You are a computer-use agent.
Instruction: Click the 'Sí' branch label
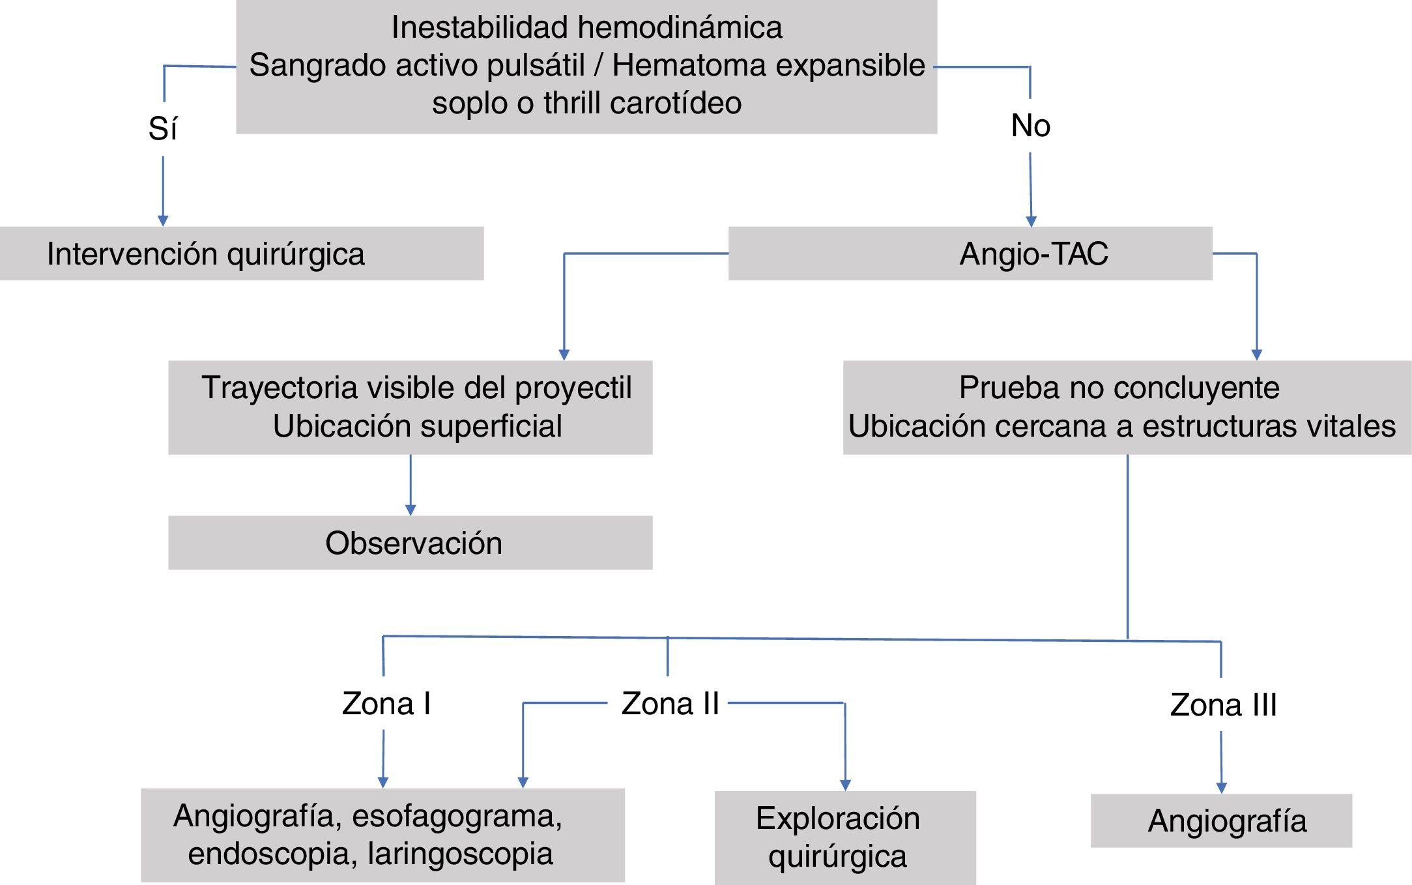point(162,128)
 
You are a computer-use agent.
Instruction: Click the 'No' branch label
point(1030,125)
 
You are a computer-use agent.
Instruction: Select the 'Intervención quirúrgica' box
point(241,254)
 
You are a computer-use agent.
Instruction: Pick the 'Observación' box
point(410,543)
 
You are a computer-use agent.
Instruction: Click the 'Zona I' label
point(386,704)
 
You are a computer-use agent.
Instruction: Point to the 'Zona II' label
point(670,704)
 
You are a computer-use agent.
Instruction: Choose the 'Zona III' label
point(1223,705)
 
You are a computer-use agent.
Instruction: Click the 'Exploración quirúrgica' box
point(844,837)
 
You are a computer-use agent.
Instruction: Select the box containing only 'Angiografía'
point(1221,820)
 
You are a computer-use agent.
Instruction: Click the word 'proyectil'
point(573,388)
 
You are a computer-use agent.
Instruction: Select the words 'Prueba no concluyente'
point(1119,388)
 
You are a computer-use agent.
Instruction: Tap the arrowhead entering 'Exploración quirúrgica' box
point(845,785)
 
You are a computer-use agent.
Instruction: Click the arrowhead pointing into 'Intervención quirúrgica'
point(163,220)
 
